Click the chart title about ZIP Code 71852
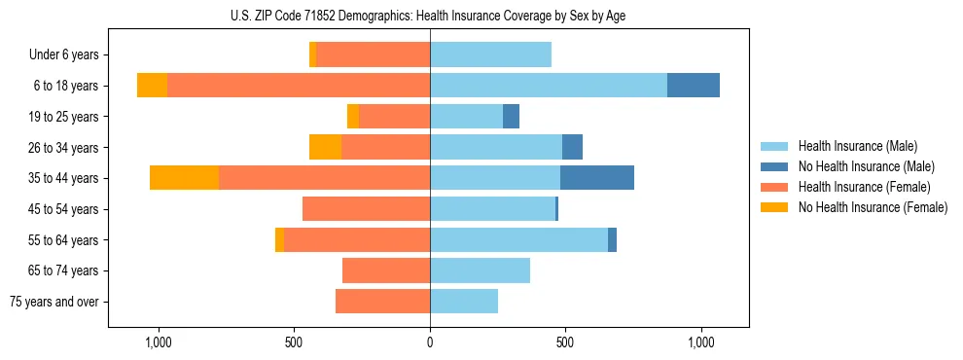[x=428, y=14]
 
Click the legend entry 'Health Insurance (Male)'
[x=857, y=146]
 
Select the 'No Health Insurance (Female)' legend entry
[x=873, y=207]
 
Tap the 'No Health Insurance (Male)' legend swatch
[x=775, y=166]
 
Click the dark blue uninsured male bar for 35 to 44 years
[x=597, y=178]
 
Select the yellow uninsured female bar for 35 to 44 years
[x=184, y=178]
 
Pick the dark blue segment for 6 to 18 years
[x=694, y=86]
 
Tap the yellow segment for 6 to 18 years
[x=152, y=86]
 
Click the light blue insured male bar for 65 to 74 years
[x=480, y=270]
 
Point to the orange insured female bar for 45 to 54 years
[x=366, y=209]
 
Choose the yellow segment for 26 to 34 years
[x=325, y=147]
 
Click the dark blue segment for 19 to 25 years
[x=511, y=117]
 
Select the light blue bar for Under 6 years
[x=490, y=55]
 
